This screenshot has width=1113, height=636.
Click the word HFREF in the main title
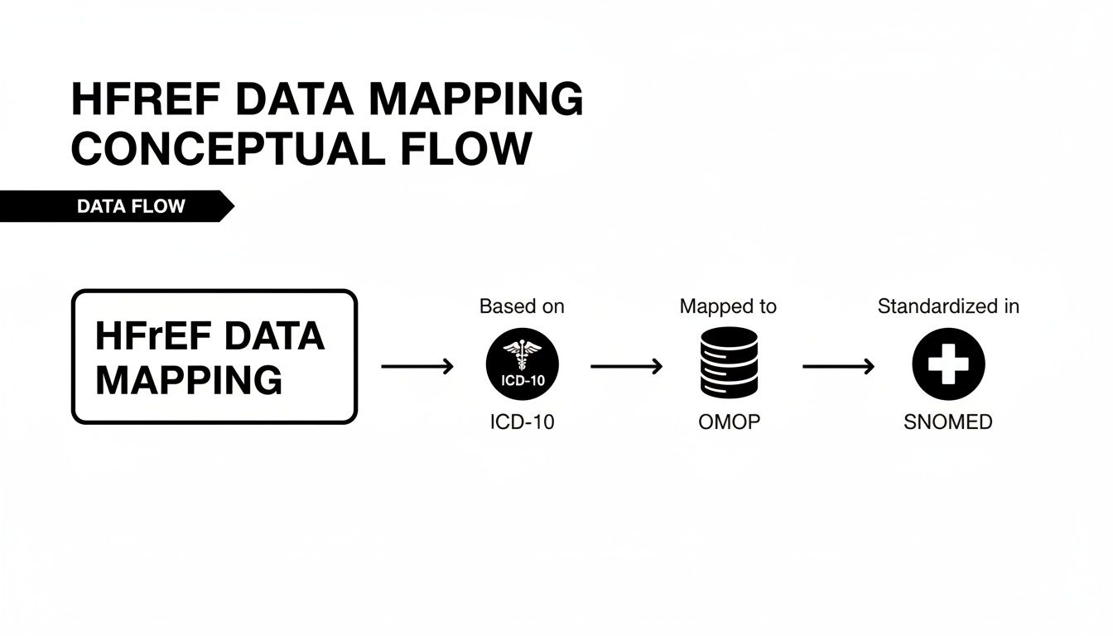coord(146,100)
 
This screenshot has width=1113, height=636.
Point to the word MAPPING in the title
coord(475,100)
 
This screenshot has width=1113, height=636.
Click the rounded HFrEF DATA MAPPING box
coord(214,357)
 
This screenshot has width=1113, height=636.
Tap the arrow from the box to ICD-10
coord(417,366)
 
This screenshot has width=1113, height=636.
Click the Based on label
coord(522,306)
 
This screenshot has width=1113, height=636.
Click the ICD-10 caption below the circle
coord(522,422)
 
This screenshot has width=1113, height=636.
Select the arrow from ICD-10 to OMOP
coord(626,366)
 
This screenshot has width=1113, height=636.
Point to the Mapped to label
coord(728,306)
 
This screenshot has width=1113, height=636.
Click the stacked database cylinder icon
coord(729,362)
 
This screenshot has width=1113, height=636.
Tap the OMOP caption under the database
coord(729,422)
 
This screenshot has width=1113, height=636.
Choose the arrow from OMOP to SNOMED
coord(838,366)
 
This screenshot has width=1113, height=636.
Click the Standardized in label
coord(948,306)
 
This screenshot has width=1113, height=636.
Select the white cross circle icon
coord(948,364)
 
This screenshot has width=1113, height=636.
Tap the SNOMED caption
coord(948,422)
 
